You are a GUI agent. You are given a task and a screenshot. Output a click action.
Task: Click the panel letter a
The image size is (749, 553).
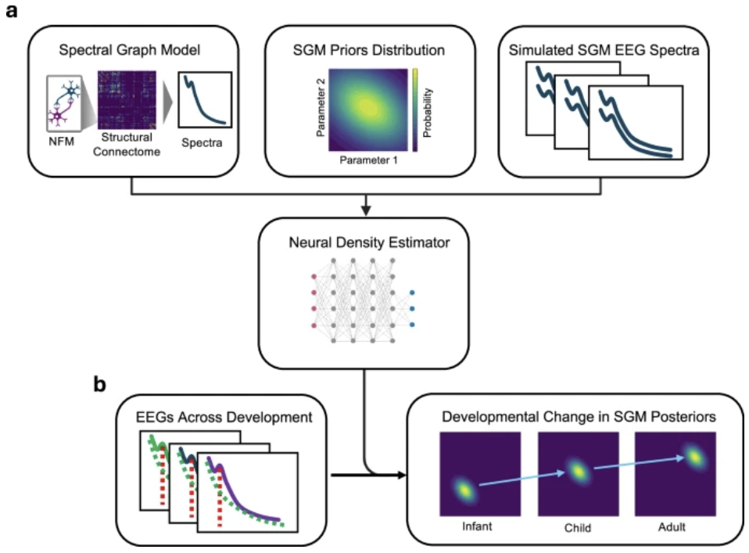tap(12, 13)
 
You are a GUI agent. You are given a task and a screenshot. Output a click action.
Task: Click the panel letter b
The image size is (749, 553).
tap(101, 386)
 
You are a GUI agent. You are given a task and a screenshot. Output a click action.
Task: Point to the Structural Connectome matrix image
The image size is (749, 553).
tap(131, 101)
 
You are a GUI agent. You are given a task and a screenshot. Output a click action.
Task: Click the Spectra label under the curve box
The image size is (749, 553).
tap(202, 145)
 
